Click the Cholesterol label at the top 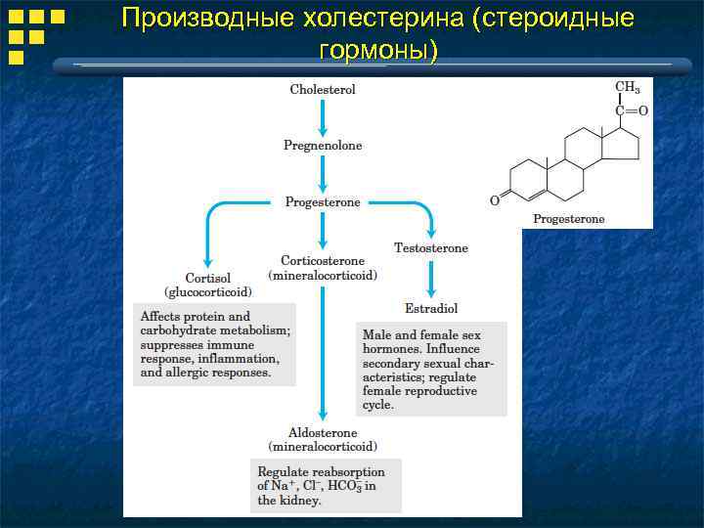[x=323, y=89]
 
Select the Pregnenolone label [x=323, y=146]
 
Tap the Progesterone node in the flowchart [x=323, y=202]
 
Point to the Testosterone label [x=431, y=248]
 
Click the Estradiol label [x=431, y=308]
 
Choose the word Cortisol [x=208, y=278]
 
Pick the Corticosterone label [x=323, y=261]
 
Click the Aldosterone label [x=323, y=433]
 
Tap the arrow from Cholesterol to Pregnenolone [x=323, y=117]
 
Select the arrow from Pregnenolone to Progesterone [x=323, y=174]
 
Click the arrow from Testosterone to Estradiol [x=431, y=279]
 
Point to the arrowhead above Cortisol [x=208, y=259]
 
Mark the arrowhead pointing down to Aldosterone [x=323, y=416]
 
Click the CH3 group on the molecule [x=627, y=87]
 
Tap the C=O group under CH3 [x=630, y=110]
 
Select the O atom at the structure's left [x=495, y=200]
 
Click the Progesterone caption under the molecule [x=568, y=219]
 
